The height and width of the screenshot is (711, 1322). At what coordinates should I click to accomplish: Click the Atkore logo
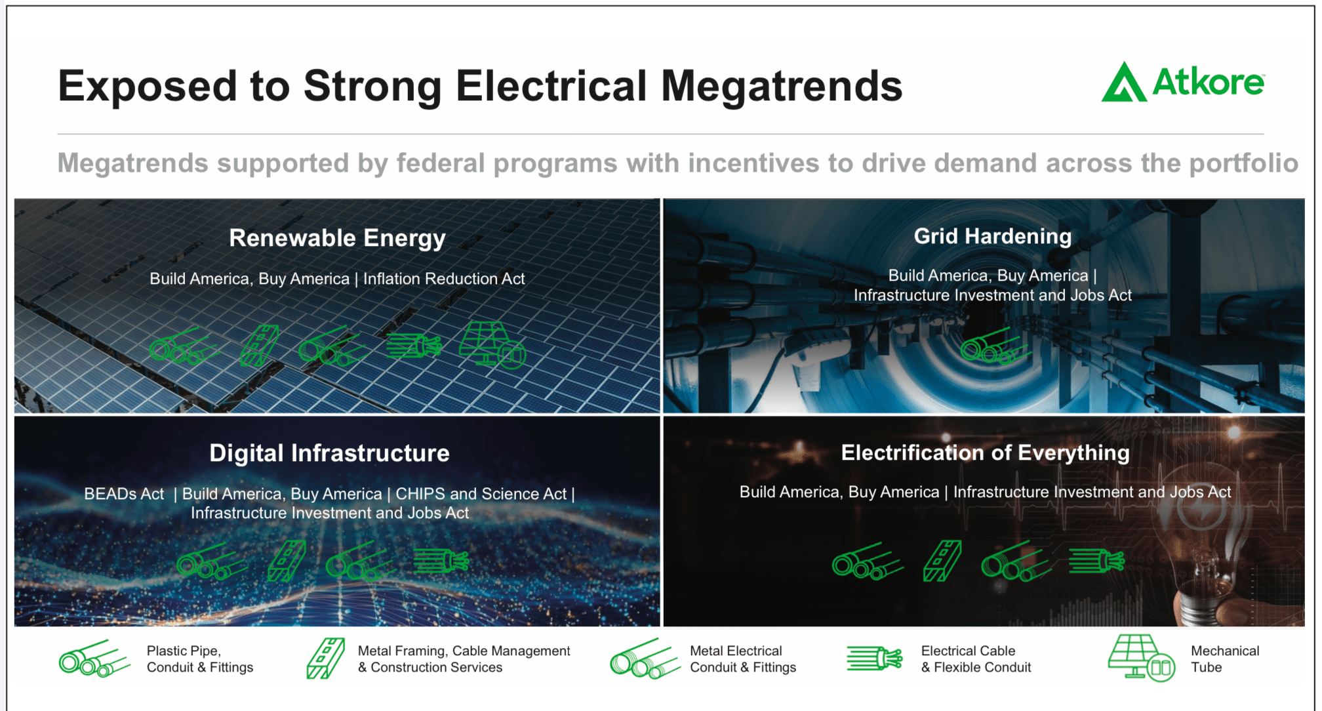tap(1183, 82)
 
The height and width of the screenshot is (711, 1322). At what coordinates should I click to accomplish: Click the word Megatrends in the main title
tap(782, 86)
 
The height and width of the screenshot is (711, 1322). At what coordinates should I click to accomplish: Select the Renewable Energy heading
tap(337, 238)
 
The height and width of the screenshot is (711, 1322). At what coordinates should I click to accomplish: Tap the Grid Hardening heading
tap(993, 236)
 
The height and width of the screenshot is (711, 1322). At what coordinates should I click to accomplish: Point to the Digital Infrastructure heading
tap(329, 453)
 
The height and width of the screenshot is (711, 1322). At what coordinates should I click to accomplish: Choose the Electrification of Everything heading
tap(985, 453)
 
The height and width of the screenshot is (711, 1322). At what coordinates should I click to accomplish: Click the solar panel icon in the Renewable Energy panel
tap(492, 344)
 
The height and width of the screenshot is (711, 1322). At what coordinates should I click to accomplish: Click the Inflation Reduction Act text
tap(444, 279)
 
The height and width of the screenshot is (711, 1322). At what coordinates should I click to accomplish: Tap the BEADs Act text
tap(124, 494)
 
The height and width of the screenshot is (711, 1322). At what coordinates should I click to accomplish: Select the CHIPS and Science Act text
tap(481, 494)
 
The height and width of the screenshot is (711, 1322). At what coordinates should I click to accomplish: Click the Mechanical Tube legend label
tap(1225, 659)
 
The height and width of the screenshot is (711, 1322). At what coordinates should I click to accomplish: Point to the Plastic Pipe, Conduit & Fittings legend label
tap(200, 659)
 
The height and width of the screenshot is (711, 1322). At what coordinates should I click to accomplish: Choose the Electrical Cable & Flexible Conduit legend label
tap(976, 659)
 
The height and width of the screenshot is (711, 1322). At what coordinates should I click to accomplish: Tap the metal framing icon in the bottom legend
tap(325, 658)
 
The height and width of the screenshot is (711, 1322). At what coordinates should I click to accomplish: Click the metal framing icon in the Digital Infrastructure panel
tap(287, 561)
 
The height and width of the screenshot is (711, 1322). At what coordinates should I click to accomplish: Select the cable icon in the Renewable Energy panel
tap(414, 345)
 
